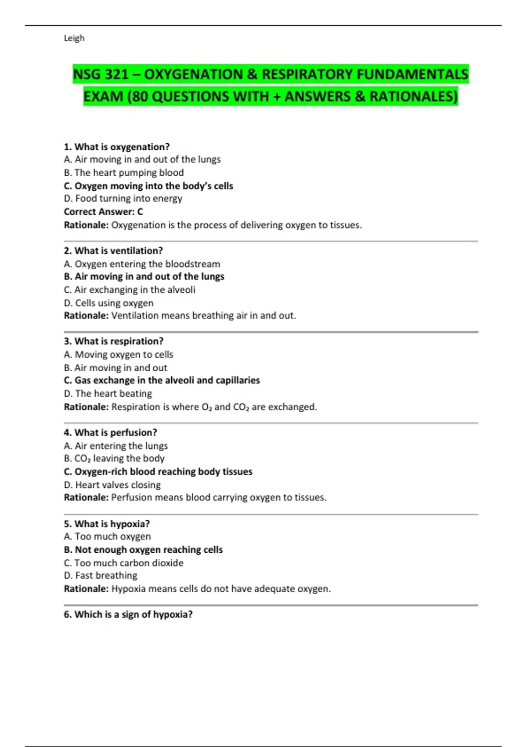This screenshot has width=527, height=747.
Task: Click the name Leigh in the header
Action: pyautogui.click(x=74, y=38)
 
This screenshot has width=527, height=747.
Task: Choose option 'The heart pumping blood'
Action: pyautogui.click(x=124, y=173)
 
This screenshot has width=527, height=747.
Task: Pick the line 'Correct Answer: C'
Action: pyautogui.click(x=104, y=212)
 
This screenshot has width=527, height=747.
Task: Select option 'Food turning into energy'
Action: pyautogui.click(x=123, y=199)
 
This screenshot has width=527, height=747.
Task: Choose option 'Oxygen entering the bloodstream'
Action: pyautogui.click(x=142, y=264)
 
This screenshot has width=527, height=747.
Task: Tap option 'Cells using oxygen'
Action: pyautogui.click(x=109, y=303)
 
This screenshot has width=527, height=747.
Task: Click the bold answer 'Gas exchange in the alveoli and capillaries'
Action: pyautogui.click(x=162, y=381)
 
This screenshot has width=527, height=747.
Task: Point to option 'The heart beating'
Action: pyautogui.click(x=108, y=394)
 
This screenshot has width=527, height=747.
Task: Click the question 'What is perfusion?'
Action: pyautogui.click(x=110, y=433)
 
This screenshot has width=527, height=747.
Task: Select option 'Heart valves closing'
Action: pyautogui.click(x=112, y=485)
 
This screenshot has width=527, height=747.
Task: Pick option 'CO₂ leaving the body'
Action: pyautogui.click(x=114, y=459)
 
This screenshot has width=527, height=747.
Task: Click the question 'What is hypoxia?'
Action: pyautogui.click(x=107, y=524)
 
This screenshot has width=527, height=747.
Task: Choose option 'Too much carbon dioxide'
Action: pyautogui.click(x=124, y=563)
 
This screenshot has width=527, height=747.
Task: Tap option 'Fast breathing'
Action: pyautogui.click(x=101, y=576)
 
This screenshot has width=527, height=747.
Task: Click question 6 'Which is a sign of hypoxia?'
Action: pyautogui.click(x=128, y=615)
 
